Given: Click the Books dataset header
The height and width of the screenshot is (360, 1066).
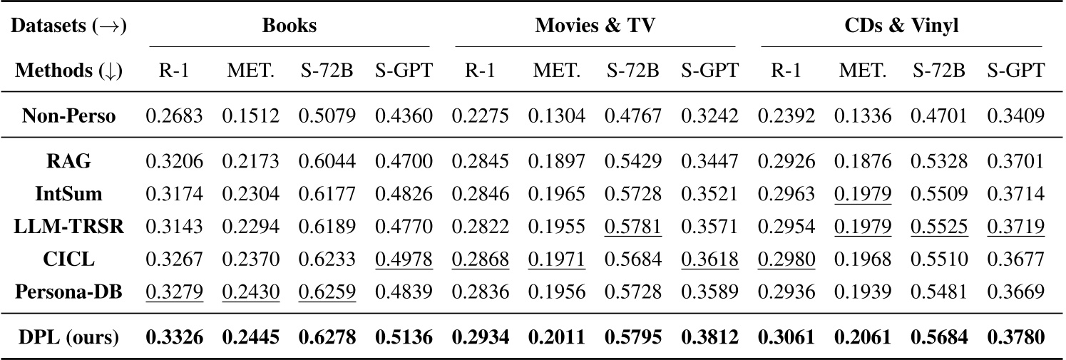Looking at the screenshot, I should (x=289, y=26).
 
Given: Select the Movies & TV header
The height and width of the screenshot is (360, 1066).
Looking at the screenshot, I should (x=595, y=26).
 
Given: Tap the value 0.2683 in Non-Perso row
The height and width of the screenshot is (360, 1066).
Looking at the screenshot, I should (x=174, y=116).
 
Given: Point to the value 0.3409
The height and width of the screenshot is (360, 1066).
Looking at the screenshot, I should (x=1016, y=116).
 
